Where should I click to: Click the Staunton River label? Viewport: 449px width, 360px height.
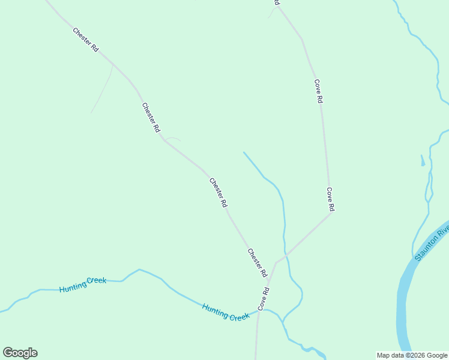click(432, 244)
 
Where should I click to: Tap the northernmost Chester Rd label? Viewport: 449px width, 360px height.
click(85, 40)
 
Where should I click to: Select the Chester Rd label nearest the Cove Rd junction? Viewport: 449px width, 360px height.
click(258, 263)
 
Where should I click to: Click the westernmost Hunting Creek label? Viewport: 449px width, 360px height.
click(83, 284)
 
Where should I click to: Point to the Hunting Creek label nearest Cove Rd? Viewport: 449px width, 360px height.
click(226, 312)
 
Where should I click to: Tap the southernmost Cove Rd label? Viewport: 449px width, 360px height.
click(264, 299)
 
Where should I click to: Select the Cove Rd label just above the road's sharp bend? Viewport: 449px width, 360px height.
click(330, 199)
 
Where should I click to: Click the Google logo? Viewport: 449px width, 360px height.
click(20, 353)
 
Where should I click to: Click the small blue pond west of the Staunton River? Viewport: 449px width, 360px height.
click(423, 160)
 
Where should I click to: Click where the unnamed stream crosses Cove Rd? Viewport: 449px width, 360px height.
click(285, 256)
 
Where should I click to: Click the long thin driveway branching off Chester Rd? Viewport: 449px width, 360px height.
click(103, 90)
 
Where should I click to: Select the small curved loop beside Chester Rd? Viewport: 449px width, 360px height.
click(173, 139)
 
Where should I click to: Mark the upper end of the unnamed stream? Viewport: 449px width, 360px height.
click(244, 152)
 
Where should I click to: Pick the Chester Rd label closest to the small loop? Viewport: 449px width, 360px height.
click(151, 117)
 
